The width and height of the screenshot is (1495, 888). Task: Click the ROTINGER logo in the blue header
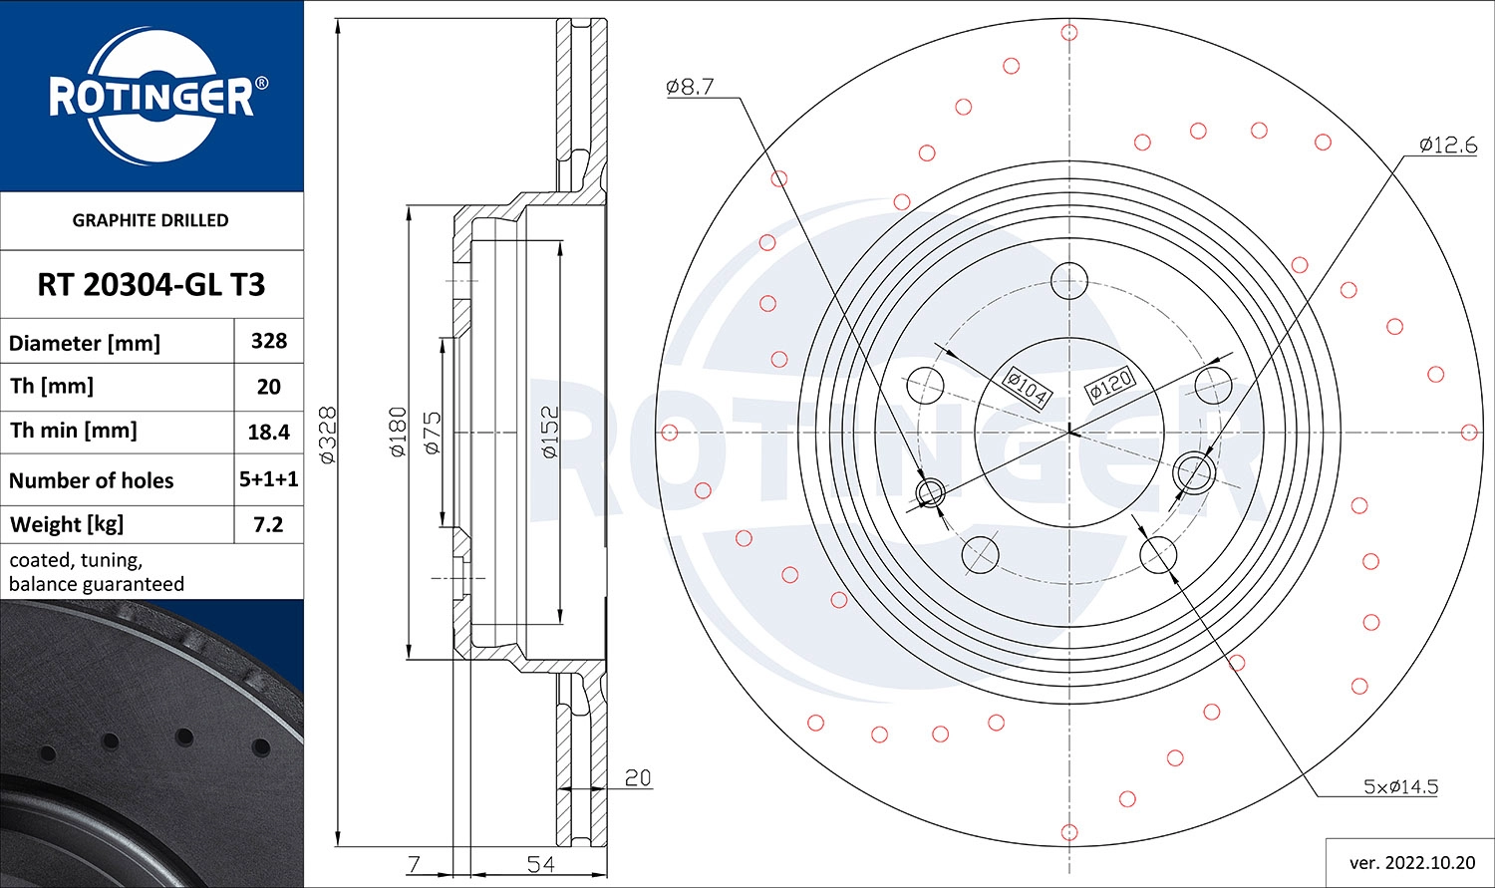pyautogui.click(x=151, y=97)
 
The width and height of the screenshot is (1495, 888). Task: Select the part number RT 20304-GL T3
pyautogui.click(x=151, y=285)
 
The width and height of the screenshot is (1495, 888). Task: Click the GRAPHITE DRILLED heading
pyautogui.click(x=150, y=220)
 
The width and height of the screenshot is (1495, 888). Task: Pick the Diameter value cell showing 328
pyautogui.click(x=269, y=341)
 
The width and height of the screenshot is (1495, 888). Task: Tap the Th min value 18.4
pyautogui.click(x=269, y=432)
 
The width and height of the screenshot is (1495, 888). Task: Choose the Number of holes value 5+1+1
pyautogui.click(x=269, y=479)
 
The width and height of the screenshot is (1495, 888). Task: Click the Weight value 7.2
pyautogui.click(x=269, y=524)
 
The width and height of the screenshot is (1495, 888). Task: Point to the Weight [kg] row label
pyautogui.click(x=67, y=524)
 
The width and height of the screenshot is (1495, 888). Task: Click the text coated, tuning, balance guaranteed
pyautogui.click(x=97, y=572)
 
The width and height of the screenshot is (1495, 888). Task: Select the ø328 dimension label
pyautogui.click(x=328, y=434)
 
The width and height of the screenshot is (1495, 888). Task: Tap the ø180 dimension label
pyautogui.click(x=398, y=432)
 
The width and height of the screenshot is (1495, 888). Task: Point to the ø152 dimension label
pyautogui.click(x=550, y=432)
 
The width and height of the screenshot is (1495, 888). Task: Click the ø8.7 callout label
pyautogui.click(x=690, y=87)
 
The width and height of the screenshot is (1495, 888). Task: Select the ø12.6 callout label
pyautogui.click(x=1447, y=146)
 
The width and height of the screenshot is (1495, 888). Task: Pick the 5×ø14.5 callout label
pyautogui.click(x=1400, y=786)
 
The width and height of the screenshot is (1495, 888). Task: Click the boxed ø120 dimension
pyautogui.click(x=1110, y=384)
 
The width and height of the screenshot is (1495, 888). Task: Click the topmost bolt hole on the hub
pyautogui.click(x=1069, y=280)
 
